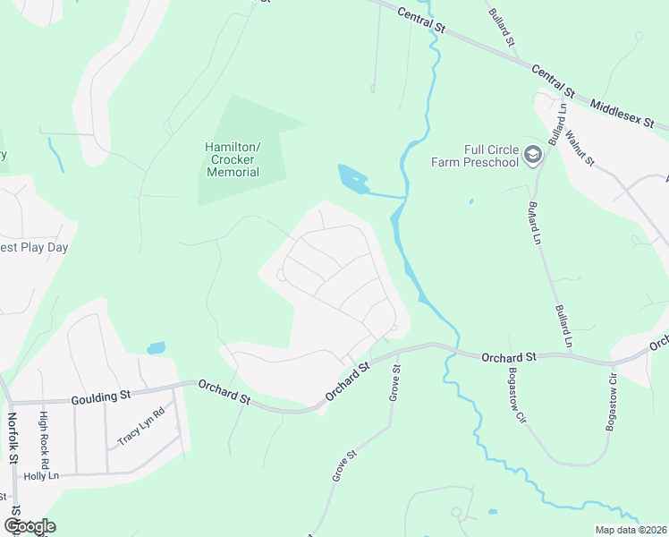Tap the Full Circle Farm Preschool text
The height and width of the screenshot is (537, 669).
475,156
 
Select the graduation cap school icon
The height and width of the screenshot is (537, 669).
533,156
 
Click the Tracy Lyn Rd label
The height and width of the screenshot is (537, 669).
141,427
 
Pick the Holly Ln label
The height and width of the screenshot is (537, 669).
40,476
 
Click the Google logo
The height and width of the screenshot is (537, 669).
30,526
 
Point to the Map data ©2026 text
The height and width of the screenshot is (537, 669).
631,530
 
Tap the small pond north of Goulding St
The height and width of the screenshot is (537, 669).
156,347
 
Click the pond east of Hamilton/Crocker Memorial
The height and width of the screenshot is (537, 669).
351,177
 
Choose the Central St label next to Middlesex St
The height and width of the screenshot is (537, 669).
553,80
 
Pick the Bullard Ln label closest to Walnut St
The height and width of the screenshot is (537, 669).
559,124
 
